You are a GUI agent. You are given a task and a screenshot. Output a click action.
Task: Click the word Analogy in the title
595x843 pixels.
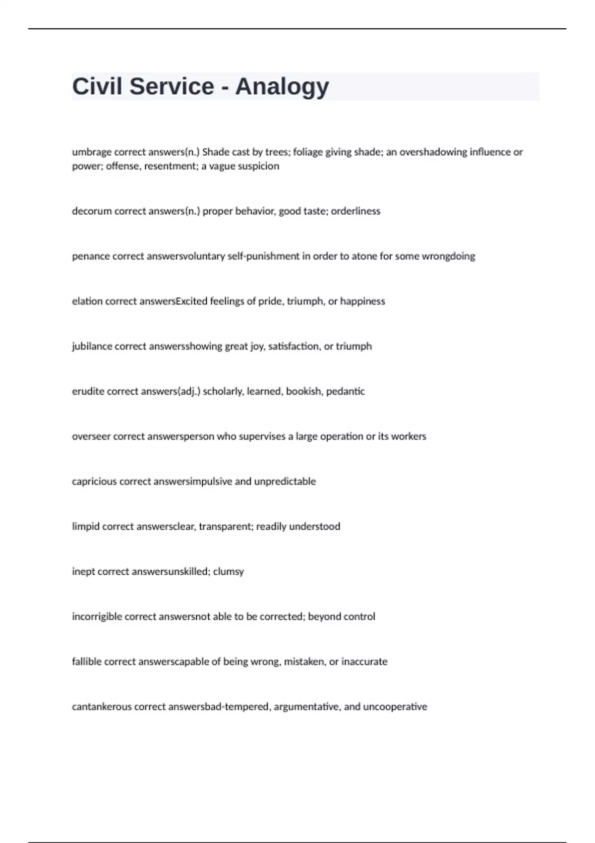[x=282, y=87]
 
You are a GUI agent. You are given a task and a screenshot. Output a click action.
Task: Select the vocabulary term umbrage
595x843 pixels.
[x=92, y=152]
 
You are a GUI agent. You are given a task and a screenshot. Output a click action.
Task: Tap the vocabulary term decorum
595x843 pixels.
[x=92, y=211]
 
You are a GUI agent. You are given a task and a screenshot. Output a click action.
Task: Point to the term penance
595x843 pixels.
[x=91, y=256]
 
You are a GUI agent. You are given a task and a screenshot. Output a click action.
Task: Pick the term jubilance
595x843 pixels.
[x=92, y=346]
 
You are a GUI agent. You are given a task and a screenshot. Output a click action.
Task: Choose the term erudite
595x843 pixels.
[x=88, y=391]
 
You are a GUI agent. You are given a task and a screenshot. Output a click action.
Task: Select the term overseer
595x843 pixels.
[x=91, y=436]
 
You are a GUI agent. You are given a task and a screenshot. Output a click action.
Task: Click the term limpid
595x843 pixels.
[x=86, y=527]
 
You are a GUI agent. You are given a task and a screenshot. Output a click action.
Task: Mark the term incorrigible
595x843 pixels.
[x=97, y=617]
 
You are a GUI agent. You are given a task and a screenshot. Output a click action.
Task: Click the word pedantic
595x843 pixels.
[x=345, y=391]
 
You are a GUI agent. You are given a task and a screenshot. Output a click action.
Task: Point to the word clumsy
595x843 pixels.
[x=229, y=572]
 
